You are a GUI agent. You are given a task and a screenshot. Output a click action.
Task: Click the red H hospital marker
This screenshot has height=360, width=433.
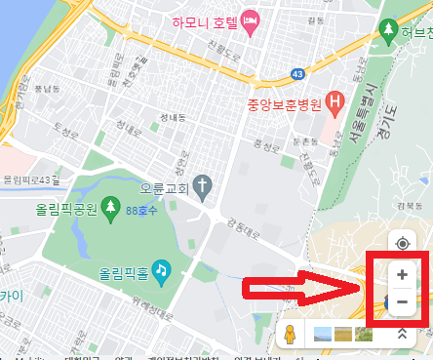click(x=336, y=100)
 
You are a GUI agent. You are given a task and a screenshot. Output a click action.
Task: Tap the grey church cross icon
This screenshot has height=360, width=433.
click(x=203, y=184)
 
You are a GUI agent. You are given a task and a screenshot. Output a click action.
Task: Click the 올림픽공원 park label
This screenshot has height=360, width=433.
click(x=65, y=209)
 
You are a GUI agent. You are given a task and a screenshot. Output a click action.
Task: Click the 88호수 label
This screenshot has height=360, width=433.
click(x=143, y=209)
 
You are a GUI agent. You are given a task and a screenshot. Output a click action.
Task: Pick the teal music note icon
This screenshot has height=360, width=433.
click(x=161, y=266)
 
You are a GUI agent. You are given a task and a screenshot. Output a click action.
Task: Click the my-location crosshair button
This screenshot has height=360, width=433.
click(x=402, y=243)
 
